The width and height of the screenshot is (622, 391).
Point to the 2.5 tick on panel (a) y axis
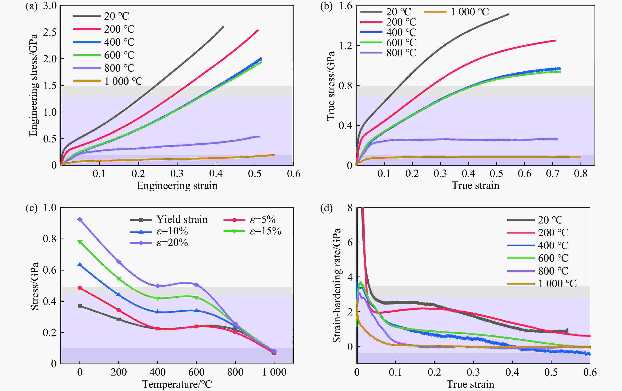50,32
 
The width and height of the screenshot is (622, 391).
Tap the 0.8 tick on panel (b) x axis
581,174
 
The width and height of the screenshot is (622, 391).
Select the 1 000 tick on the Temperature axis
274,372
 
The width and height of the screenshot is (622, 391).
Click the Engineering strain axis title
177,186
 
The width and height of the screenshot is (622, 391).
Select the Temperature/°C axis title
177,384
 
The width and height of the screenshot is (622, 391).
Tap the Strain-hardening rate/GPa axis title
337,285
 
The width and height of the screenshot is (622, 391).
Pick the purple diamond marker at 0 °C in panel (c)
80,220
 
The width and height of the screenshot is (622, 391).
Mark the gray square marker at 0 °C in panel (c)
80,306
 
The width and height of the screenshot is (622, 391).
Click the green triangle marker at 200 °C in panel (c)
119,279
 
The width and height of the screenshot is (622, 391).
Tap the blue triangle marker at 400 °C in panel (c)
158,312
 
